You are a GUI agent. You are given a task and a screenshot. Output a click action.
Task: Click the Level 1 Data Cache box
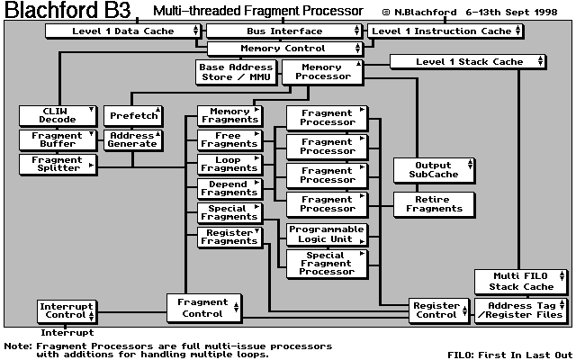pyautogui.click(x=122, y=31)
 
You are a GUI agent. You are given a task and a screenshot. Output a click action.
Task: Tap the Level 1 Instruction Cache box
pyautogui.click(x=445, y=31)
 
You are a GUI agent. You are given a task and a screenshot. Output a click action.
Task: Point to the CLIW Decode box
pyautogui.click(x=58, y=116)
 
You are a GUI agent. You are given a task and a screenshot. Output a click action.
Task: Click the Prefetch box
pyautogui.click(x=133, y=116)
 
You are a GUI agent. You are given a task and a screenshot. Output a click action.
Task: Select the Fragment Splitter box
pyautogui.click(x=58, y=164)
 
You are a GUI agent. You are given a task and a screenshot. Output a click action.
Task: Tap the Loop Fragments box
pyautogui.click(x=229, y=164)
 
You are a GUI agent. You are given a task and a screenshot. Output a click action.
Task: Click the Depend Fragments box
pyautogui.click(x=229, y=188)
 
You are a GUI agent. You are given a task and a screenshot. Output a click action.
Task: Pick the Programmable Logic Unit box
pyautogui.click(x=327, y=234)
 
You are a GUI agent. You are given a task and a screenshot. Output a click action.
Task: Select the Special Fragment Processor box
pyautogui.click(x=327, y=263)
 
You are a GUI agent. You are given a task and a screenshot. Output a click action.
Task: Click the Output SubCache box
pyautogui.click(x=435, y=169)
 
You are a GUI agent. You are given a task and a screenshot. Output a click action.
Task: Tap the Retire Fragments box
pyautogui.click(x=435, y=203)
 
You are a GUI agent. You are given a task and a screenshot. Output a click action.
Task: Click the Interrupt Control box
pyautogui.click(x=66, y=311)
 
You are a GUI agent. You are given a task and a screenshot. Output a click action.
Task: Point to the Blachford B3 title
pyautogui.click(x=67, y=11)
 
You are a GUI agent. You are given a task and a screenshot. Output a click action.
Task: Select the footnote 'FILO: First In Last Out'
pyautogui.click(x=508, y=354)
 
